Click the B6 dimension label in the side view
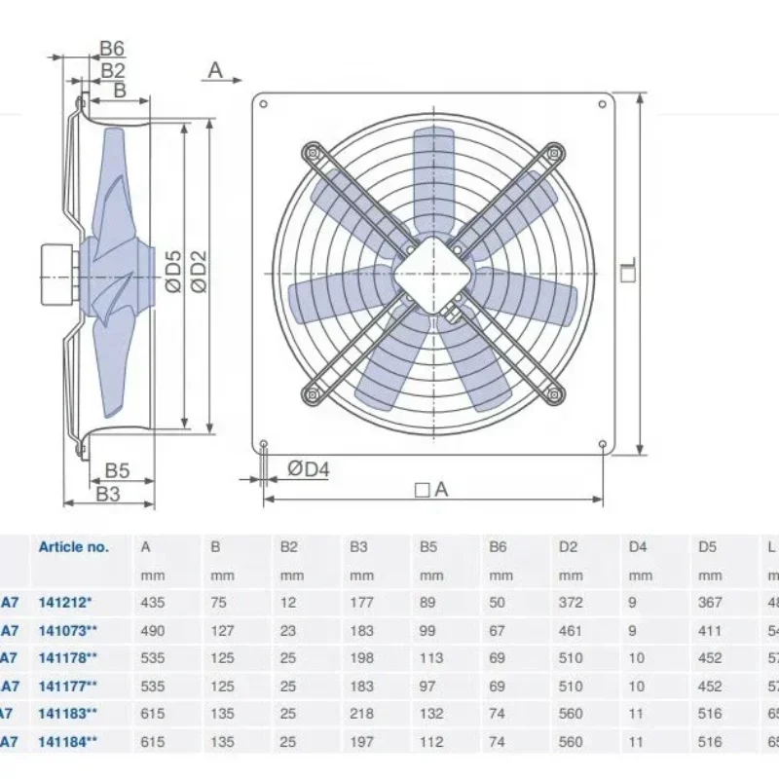(x=113, y=49)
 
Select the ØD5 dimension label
(x=171, y=271)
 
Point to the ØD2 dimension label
(x=198, y=271)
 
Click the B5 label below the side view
(x=117, y=470)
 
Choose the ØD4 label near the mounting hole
(x=309, y=469)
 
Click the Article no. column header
(x=74, y=547)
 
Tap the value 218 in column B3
(x=361, y=714)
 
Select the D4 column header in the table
(x=638, y=547)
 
